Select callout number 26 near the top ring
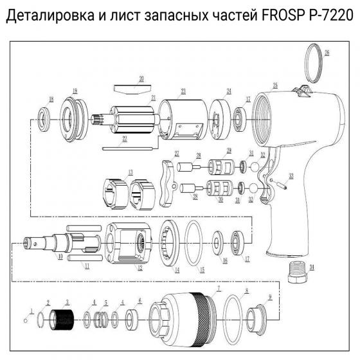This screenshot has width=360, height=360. [x=327, y=53]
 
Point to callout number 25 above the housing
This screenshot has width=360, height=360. [x=275, y=85]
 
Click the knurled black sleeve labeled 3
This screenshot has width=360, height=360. [x=63, y=319]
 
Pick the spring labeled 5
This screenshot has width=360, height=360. [x=102, y=319]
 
